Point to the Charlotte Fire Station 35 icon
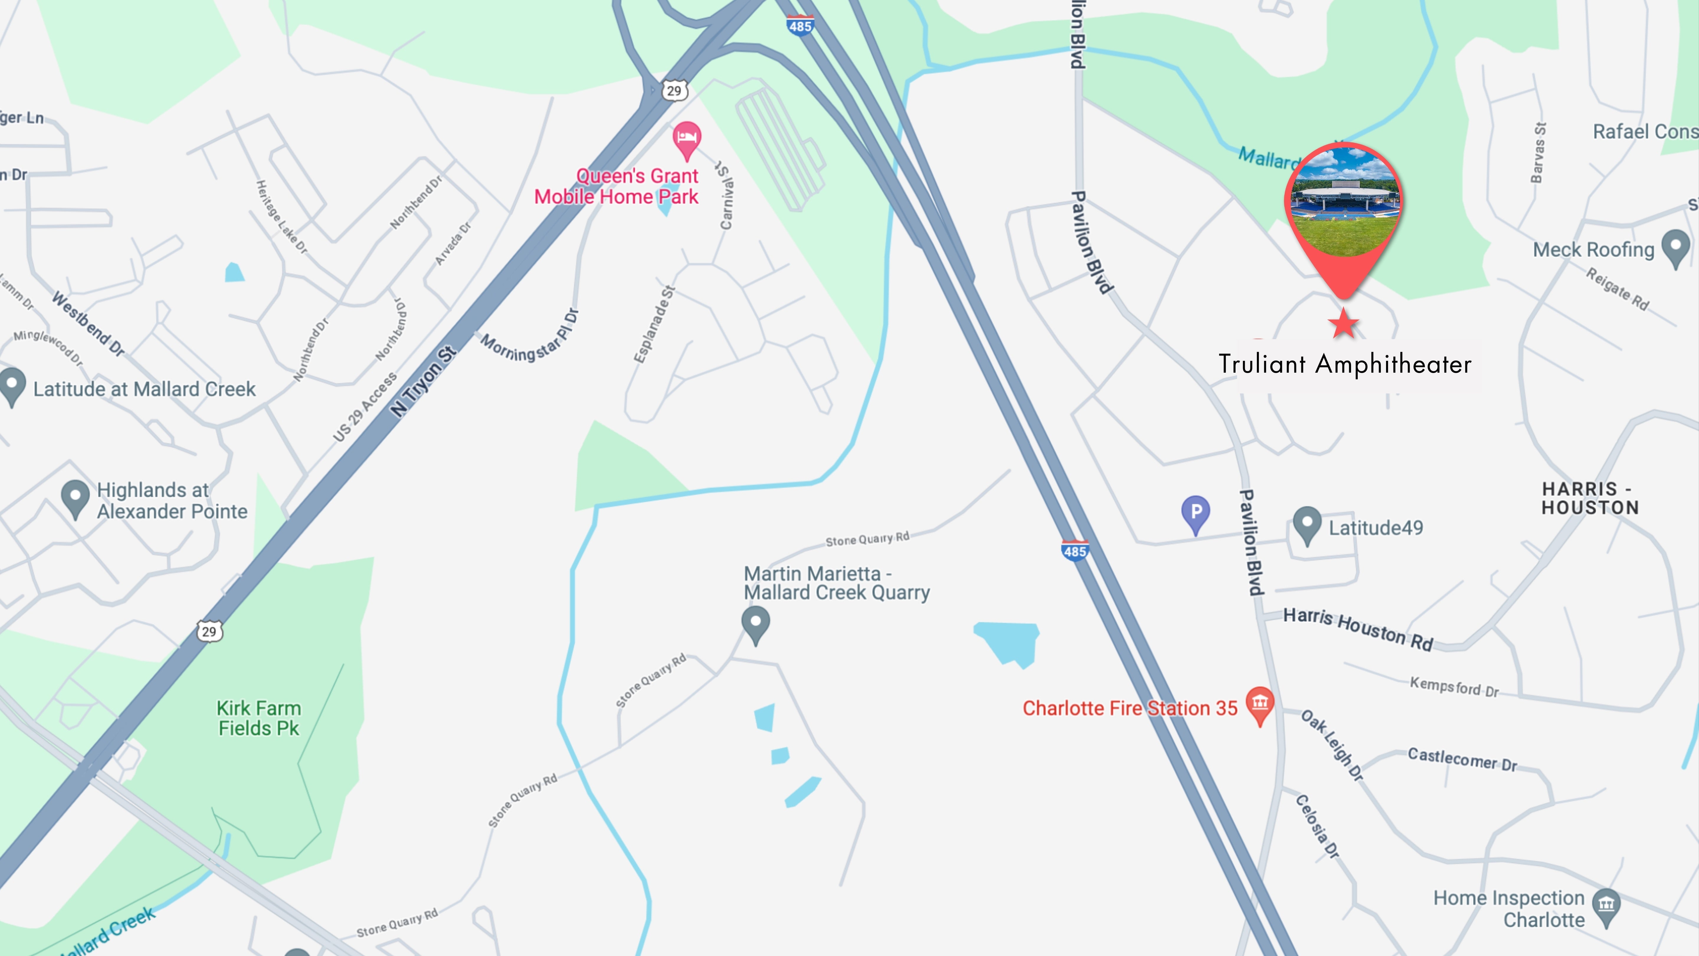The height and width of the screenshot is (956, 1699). pos(1260,703)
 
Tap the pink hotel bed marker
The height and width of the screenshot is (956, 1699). pos(687,138)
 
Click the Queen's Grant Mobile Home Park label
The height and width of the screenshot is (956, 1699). pos(617,186)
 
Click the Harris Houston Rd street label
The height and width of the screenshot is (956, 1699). pos(1357,629)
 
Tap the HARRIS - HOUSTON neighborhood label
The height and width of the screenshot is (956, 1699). pos(1590,498)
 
